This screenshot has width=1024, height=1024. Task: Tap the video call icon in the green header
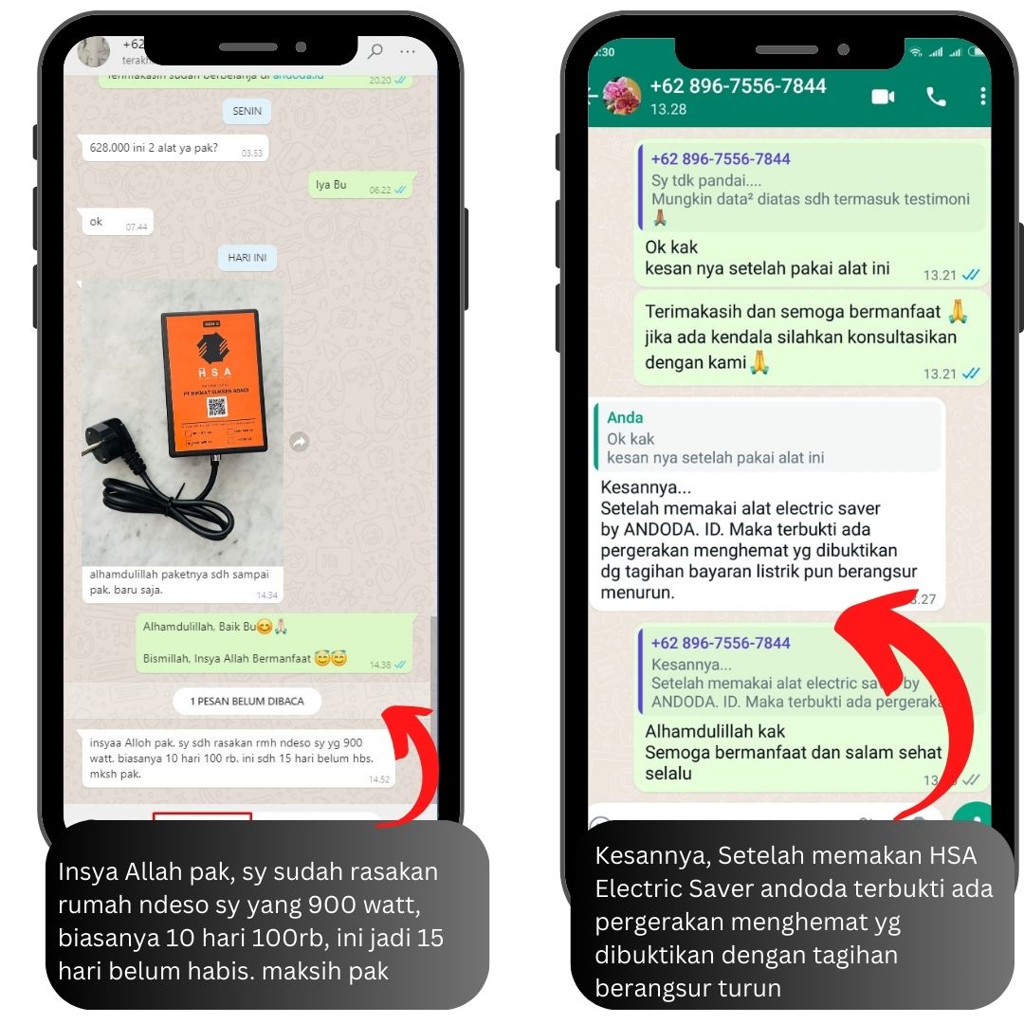[883, 97]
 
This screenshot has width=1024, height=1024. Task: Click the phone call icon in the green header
[936, 97]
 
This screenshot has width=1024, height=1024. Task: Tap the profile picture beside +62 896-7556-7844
[621, 97]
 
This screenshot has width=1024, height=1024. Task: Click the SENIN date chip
[247, 111]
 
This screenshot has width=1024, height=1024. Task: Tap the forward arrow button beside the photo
[300, 442]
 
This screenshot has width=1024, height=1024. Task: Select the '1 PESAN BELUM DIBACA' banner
[247, 702]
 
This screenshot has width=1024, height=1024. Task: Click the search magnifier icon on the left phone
[375, 51]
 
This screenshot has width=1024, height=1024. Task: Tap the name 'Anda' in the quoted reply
[625, 417]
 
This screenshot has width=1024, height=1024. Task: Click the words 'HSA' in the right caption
[949, 855]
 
